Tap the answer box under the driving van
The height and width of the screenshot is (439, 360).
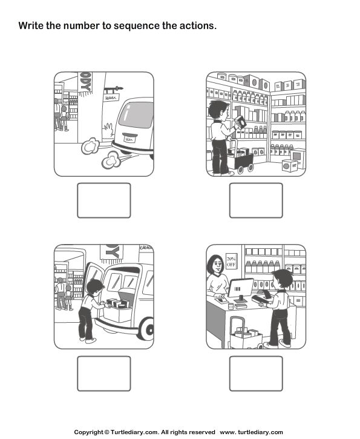click(103, 200)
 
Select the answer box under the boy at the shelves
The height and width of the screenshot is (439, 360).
click(256, 200)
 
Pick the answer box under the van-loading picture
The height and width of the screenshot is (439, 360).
click(103, 373)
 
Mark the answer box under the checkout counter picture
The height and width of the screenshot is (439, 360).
click(256, 373)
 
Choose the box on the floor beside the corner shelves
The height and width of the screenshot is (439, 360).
click(290, 165)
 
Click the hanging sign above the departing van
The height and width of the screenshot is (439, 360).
click(111, 96)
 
